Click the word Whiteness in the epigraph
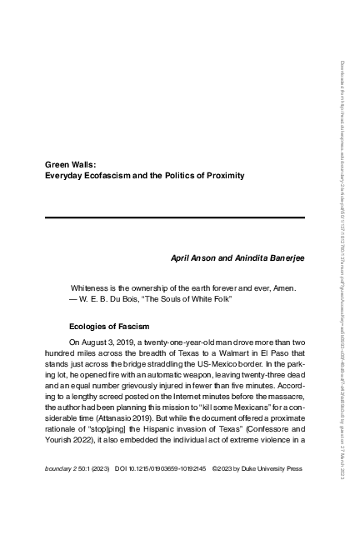click(x=92, y=288)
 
